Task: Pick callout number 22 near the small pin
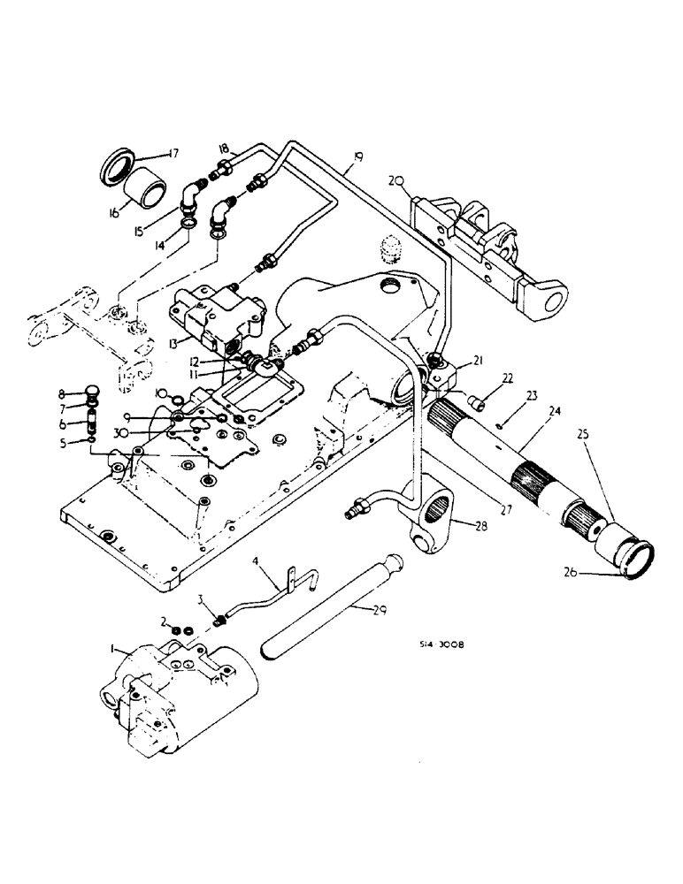coord(482,377)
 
